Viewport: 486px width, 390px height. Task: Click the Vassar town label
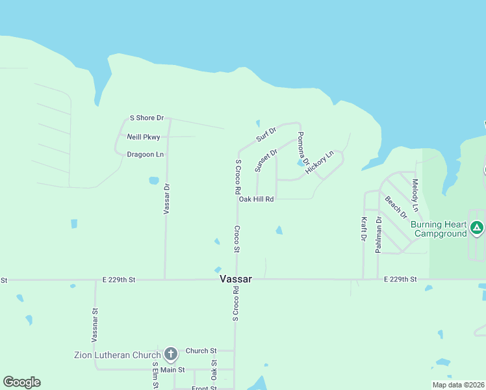click(235, 278)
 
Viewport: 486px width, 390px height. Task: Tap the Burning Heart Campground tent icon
click(477, 227)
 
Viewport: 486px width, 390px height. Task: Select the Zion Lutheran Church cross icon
click(171, 354)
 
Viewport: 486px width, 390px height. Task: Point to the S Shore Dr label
click(147, 118)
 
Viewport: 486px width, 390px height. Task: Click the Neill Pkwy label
click(144, 136)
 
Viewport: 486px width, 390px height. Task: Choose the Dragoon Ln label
click(145, 154)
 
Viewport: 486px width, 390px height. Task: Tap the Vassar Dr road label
click(166, 199)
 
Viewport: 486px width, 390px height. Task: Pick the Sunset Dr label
click(266, 160)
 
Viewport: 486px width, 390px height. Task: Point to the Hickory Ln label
click(319, 162)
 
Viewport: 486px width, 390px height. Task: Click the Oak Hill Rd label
click(256, 199)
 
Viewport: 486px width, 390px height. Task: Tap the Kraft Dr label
click(363, 229)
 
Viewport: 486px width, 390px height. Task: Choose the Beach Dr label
click(396, 207)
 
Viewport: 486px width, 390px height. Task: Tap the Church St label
click(201, 350)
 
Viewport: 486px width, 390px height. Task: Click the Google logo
click(21, 382)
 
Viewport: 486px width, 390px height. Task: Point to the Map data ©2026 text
click(457, 385)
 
